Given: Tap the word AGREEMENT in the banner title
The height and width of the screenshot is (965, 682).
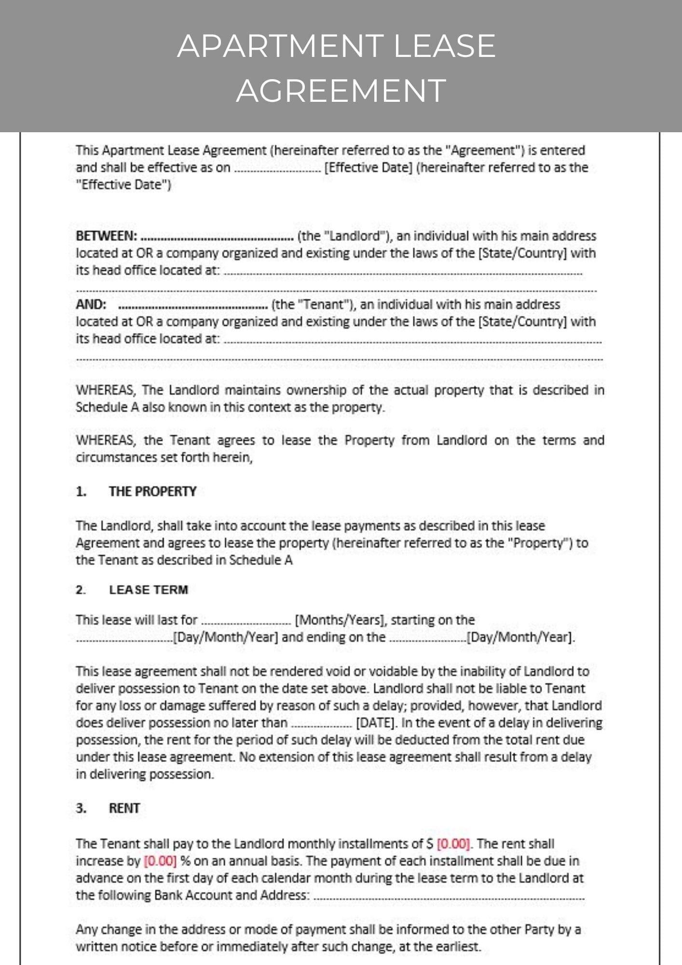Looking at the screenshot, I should [x=341, y=91].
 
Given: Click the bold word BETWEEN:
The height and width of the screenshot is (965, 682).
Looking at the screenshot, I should [x=107, y=236].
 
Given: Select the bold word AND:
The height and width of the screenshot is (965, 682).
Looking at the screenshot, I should [x=91, y=304].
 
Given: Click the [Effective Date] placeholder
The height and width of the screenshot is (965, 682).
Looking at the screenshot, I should [x=368, y=167].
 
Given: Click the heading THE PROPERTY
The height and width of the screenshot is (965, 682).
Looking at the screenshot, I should [x=152, y=491].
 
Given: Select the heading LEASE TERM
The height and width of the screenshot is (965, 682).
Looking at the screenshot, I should [x=149, y=590].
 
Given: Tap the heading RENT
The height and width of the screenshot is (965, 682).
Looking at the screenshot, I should [x=124, y=808].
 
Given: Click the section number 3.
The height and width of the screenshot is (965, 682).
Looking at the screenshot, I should [x=81, y=808].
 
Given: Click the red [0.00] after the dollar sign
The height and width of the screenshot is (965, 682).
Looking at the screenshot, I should [x=453, y=844].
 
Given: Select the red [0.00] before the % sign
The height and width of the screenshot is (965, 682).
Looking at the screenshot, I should [x=160, y=861].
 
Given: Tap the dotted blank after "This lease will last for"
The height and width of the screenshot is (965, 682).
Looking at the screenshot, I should [x=246, y=621].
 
